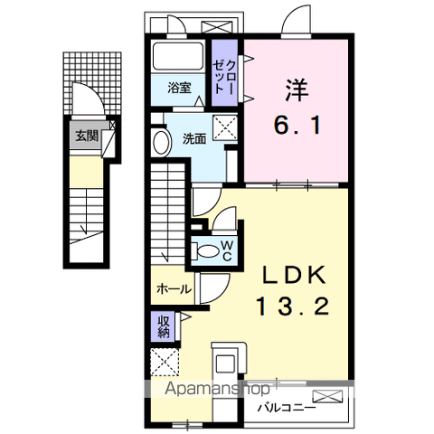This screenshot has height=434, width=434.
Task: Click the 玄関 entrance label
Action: coord(87,136)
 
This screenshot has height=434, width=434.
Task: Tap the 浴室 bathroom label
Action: coord(179,88)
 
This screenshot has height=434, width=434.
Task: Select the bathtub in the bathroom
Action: coord(178,56)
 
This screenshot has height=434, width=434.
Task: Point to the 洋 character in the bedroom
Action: coord(297,90)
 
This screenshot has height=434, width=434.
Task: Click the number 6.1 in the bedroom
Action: coord(297,125)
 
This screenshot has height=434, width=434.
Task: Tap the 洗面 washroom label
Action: coord(194,139)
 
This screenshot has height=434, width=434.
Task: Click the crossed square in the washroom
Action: coord(225,127)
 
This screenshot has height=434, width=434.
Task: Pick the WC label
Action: coord(227,250)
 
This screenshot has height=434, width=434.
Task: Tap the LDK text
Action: coord(294,275)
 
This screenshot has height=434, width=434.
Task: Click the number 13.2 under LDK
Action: coord(292,307)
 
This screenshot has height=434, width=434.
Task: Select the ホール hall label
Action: coord(174,289)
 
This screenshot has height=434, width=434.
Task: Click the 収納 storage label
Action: coord(164,326)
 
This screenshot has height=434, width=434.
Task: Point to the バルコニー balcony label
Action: coord(287,409)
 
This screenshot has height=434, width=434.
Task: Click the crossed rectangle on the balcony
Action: coord(327,396)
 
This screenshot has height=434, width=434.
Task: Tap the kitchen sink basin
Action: coord(225,363)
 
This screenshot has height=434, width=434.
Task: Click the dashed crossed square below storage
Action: coord(165,362)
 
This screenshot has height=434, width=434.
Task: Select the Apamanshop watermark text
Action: coord(217,389)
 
